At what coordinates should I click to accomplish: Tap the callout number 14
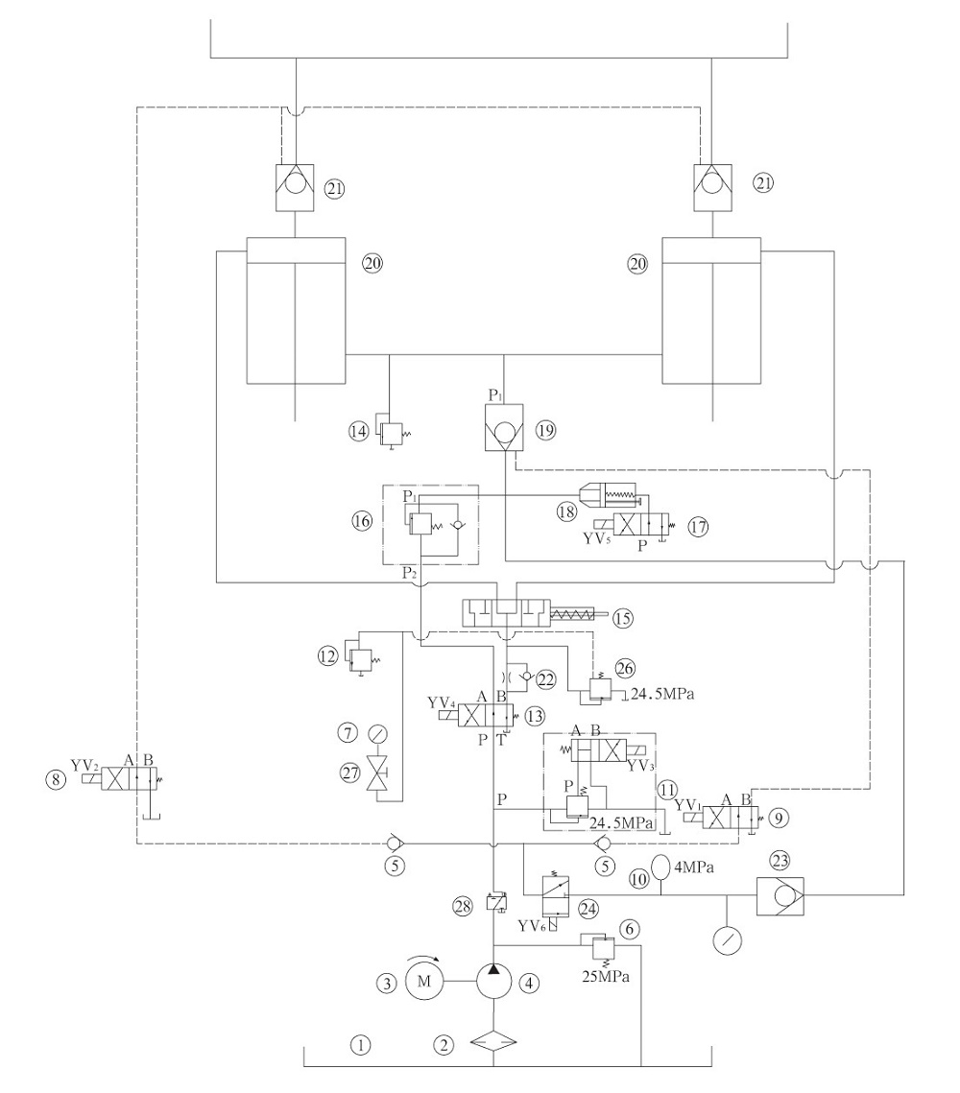click(x=359, y=431)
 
